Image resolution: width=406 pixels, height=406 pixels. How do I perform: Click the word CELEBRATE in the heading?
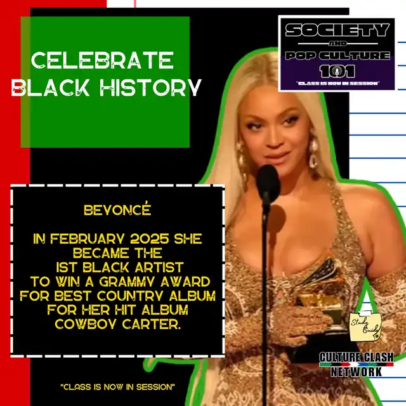click(102, 60)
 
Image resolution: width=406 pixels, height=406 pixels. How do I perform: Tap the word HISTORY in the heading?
click(151, 88)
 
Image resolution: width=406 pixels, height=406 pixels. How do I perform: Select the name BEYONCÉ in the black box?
click(117, 209)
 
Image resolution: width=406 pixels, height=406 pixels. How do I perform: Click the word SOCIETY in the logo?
click(337, 30)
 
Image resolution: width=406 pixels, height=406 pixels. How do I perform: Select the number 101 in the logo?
click(337, 72)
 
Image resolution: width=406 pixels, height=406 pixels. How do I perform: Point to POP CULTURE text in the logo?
click(337, 56)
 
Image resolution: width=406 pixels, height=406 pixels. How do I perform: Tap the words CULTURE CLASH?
click(357, 357)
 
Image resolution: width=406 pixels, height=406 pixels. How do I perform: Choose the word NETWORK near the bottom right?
click(357, 372)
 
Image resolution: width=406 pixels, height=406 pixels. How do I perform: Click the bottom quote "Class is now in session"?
click(118, 387)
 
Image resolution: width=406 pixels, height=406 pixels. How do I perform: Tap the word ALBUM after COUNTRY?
click(192, 296)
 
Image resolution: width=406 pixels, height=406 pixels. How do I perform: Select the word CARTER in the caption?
click(151, 324)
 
